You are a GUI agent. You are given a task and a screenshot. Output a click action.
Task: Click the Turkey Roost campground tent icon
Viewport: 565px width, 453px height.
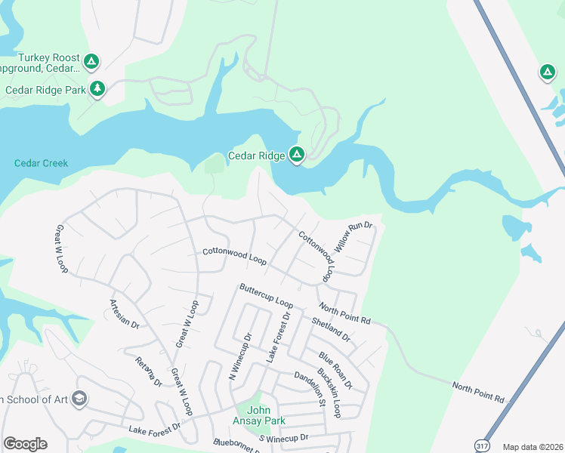pyautogui.click(x=91, y=61)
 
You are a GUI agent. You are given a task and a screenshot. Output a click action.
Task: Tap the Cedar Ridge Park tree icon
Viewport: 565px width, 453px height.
pyautogui.click(x=97, y=89)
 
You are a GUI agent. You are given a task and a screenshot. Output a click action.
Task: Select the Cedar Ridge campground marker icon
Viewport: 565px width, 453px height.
pyautogui.click(x=297, y=156)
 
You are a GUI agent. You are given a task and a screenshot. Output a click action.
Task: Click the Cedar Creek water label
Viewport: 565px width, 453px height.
pyautogui.click(x=41, y=163)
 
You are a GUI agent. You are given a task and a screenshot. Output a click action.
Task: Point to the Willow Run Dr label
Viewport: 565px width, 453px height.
pyautogui.click(x=354, y=237)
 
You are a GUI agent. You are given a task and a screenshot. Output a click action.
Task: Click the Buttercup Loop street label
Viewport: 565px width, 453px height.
pyautogui.click(x=266, y=295)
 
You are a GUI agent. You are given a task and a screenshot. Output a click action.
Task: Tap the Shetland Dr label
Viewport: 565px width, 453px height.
pyautogui.click(x=331, y=329)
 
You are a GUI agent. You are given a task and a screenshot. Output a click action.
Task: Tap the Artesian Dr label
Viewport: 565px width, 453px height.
pyautogui.click(x=125, y=313)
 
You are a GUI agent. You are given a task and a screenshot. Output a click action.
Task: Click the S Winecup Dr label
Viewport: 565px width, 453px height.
pyautogui.click(x=284, y=438)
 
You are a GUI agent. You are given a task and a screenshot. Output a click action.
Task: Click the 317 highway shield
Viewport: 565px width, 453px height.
pyautogui.click(x=481, y=446)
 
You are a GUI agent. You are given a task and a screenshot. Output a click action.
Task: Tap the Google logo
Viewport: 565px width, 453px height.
pyautogui.click(x=25, y=444)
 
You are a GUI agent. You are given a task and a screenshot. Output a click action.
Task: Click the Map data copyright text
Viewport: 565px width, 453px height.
pyautogui.click(x=533, y=447)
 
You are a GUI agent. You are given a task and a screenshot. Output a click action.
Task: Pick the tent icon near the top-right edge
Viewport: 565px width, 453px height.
pyautogui.click(x=547, y=72)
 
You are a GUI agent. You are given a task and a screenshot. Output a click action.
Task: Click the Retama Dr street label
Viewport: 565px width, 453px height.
pyautogui.click(x=149, y=371)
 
